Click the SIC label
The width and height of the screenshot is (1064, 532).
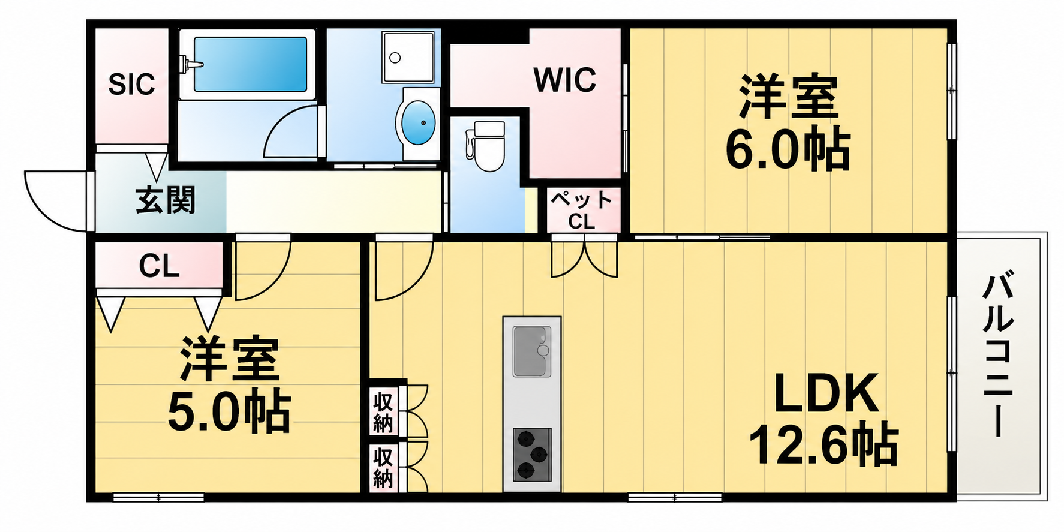[x=131, y=85]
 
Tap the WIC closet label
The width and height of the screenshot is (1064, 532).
[x=565, y=80]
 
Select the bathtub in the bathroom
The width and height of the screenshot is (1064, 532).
[x=248, y=65]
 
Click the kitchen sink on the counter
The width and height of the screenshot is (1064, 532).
[x=532, y=351]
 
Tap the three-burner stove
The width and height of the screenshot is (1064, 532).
[x=532, y=455]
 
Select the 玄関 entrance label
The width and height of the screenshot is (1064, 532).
[x=166, y=200]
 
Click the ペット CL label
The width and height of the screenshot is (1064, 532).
[x=581, y=210]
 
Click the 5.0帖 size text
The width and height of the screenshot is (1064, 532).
[x=229, y=413]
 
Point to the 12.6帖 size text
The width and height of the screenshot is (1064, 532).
[x=823, y=445]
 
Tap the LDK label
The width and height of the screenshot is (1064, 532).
[x=826, y=393]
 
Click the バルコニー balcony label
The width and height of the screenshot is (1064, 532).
[x=998, y=355]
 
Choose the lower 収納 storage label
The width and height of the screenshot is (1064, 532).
[x=383, y=468]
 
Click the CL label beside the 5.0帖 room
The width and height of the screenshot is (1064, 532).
[x=159, y=266]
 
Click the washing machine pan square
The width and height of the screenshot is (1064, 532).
[x=408, y=57]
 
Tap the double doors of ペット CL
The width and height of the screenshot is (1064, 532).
[x=584, y=257]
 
